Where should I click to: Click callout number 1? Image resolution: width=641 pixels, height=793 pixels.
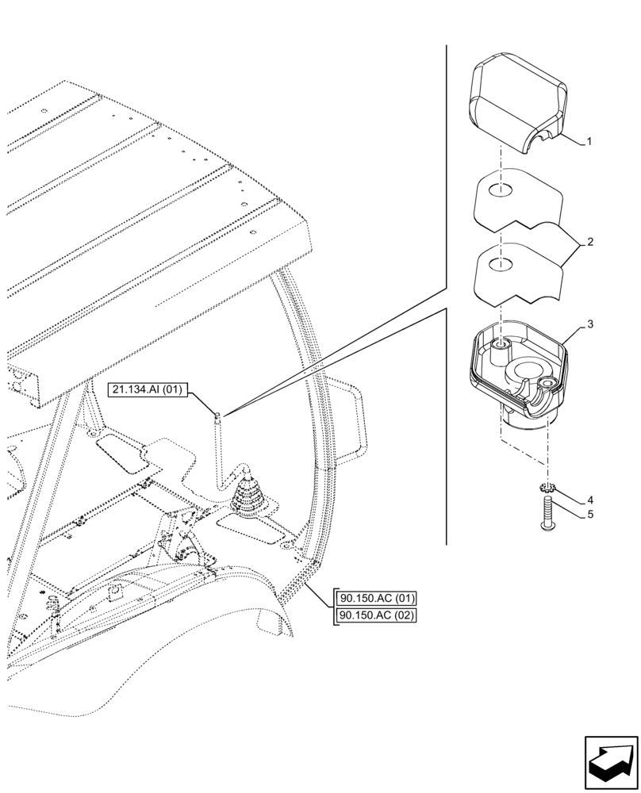[x=589, y=142]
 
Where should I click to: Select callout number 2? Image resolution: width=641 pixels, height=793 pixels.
[x=589, y=241]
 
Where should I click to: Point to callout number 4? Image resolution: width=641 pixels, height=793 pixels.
[x=589, y=500]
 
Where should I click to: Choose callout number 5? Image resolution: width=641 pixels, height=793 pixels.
[x=589, y=515]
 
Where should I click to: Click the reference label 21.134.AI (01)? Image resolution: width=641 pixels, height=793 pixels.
[x=148, y=390]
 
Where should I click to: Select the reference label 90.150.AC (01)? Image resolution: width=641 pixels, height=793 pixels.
[x=377, y=599]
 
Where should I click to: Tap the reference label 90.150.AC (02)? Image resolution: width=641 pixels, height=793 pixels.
[x=377, y=615]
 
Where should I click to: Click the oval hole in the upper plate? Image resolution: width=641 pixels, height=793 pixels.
[x=497, y=190]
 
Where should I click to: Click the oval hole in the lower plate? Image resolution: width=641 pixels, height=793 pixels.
[x=497, y=262]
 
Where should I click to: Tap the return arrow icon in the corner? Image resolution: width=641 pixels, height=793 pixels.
[x=610, y=763]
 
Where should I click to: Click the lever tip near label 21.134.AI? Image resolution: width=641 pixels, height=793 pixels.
[x=217, y=414]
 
